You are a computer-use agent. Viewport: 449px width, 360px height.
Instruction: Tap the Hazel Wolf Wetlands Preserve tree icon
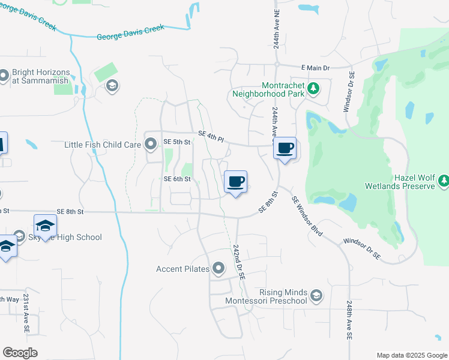444,180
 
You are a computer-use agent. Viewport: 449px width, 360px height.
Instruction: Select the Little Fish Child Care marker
150,144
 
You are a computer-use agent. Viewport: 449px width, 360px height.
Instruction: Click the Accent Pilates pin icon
217,269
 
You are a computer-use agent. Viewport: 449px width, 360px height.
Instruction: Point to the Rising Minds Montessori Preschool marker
316,295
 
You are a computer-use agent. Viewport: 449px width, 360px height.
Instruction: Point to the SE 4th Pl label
211,139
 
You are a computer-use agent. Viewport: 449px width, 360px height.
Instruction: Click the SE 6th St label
177,179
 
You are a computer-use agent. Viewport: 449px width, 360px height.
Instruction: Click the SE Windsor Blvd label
306,216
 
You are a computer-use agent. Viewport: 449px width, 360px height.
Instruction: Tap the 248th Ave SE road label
350,322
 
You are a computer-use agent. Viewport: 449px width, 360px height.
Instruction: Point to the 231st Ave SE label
26,310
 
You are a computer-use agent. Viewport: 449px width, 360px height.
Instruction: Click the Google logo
20,353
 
